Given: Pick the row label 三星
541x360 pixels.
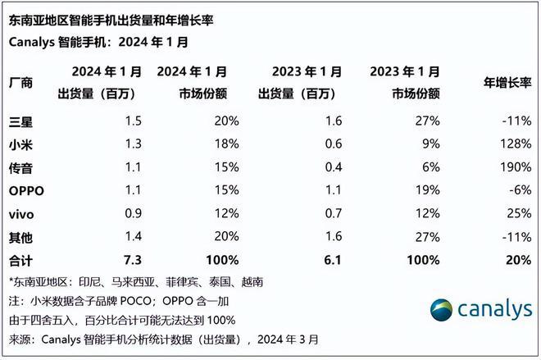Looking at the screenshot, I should pos(22,121).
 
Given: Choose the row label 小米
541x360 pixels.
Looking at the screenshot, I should pos(22,144).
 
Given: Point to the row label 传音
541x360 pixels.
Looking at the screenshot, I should pos(22,167).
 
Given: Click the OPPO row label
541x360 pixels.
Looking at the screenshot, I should pos(27,190).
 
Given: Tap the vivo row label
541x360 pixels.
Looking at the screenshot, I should pos(24,214).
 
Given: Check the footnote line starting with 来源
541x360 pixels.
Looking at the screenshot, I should pos(165,338).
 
